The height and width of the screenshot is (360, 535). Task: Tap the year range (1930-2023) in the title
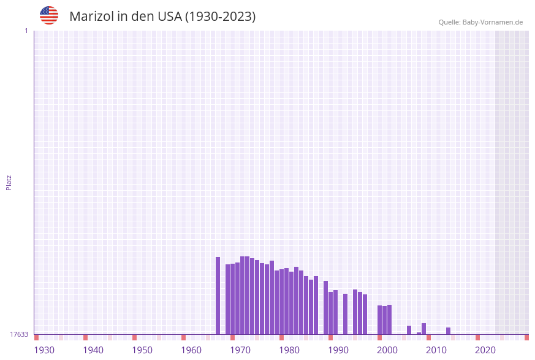220,17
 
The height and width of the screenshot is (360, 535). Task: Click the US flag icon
49,15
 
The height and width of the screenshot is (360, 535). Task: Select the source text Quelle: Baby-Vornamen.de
480,22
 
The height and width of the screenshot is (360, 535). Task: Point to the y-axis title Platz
9,182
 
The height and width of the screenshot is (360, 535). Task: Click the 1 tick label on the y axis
26,31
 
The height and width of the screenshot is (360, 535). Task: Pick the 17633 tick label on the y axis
19,334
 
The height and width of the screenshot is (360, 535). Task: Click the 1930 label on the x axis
44,350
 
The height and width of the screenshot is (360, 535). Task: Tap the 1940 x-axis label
93,350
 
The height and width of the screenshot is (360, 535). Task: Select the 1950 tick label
142,350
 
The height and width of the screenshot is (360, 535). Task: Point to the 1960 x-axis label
191,350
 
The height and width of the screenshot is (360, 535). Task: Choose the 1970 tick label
240,350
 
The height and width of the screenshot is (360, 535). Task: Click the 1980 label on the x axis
289,350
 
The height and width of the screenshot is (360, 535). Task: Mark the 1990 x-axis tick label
338,350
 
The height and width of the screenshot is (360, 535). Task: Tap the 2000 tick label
387,350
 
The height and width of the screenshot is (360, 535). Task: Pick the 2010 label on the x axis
436,350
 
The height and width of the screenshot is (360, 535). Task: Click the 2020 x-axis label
485,350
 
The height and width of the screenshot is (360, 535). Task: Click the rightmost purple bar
448,331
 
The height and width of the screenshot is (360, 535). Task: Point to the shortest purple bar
419,333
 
